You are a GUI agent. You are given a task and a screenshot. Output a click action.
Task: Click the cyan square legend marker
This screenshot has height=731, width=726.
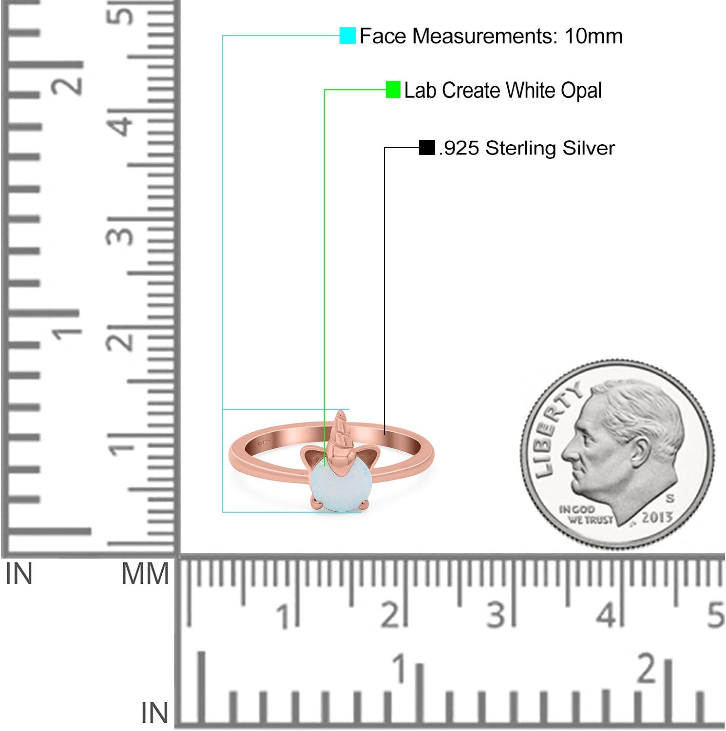pyautogui.click(x=347, y=36)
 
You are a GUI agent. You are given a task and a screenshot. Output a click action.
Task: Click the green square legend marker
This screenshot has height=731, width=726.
pyautogui.click(x=393, y=90)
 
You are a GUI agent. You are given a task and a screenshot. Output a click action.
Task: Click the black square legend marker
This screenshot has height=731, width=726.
pyautogui.click(x=427, y=148)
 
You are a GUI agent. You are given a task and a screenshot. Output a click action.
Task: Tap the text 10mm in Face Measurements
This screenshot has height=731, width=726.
pyautogui.click(x=593, y=36)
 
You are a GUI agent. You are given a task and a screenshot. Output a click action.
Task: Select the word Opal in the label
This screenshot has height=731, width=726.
pyautogui.click(x=581, y=91)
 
